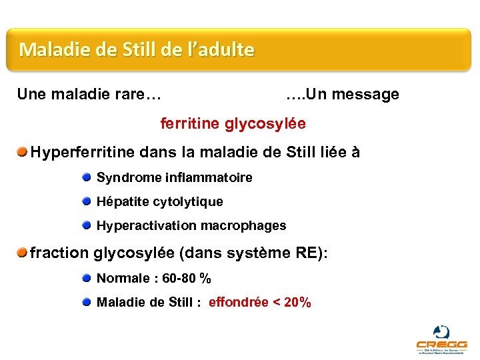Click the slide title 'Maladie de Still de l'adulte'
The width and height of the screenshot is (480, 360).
pyautogui.click(x=137, y=49)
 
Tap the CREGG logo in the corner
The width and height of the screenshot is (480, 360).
pyautogui.click(x=441, y=340)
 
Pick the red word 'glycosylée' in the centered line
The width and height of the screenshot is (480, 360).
pyautogui.click(x=265, y=124)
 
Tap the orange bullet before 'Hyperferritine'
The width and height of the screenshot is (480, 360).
pyautogui.click(x=23, y=153)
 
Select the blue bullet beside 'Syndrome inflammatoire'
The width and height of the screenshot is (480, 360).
pyautogui.click(x=87, y=177)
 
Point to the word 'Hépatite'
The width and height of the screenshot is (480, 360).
pyautogui.click(x=123, y=202)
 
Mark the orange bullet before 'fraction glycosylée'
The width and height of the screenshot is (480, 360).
pyautogui.click(x=23, y=253)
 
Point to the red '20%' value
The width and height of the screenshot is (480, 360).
pyautogui.click(x=297, y=303)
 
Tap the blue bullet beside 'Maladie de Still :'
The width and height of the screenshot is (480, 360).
pyautogui.click(x=87, y=302)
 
